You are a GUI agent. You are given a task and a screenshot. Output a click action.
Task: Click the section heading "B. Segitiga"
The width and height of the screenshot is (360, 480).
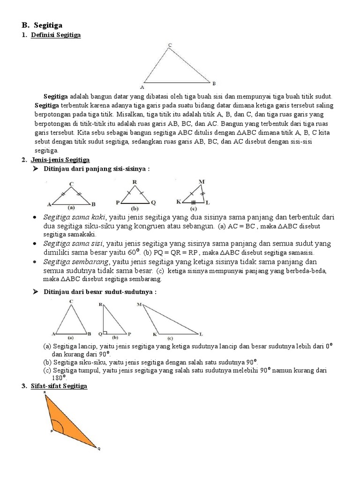[x=42, y=25]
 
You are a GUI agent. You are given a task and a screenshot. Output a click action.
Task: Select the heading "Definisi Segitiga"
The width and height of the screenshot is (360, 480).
[x=55, y=35]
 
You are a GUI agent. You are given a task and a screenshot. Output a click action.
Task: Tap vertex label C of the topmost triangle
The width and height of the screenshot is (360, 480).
[x=170, y=45]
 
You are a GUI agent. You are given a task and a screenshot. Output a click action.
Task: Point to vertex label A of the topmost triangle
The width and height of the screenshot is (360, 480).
[x=142, y=87]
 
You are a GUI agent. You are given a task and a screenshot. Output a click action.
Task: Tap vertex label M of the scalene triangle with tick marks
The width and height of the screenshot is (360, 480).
[x=201, y=181]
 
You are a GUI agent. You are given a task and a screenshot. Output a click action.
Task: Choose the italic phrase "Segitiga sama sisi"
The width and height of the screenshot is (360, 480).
[x=74, y=243]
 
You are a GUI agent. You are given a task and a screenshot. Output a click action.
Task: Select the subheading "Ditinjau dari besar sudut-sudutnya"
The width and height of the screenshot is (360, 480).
[x=99, y=292]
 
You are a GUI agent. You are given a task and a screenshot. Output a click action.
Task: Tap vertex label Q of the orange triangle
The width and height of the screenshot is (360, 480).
[x=98, y=449]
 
